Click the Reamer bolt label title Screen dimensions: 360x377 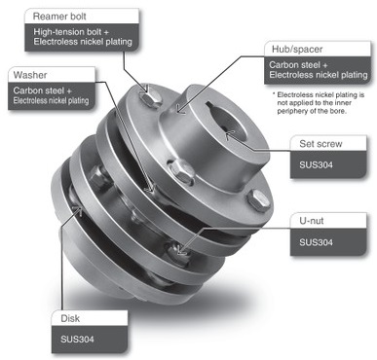click(x=59, y=17)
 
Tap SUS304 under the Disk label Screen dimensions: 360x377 click(x=76, y=339)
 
